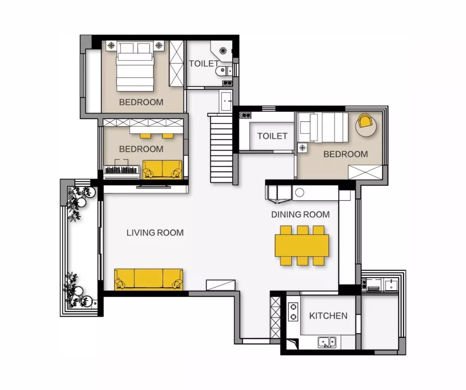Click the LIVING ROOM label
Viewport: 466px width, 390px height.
(x=155, y=233)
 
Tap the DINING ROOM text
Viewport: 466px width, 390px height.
(x=300, y=214)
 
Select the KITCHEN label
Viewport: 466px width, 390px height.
(x=328, y=316)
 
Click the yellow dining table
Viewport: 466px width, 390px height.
(x=302, y=245)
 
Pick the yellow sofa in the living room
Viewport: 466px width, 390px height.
(x=148, y=279)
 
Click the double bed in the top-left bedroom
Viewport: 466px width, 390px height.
(x=135, y=66)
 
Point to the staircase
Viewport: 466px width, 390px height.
(x=221, y=149)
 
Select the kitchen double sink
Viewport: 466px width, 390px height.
(x=327, y=342)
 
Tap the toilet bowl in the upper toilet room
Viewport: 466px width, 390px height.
(x=224, y=71)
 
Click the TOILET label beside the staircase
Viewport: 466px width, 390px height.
(x=272, y=136)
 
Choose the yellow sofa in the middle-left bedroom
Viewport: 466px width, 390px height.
(x=162, y=170)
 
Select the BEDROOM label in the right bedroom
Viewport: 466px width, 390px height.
(x=345, y=154)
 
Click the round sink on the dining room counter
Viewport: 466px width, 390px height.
(x=299, y=192)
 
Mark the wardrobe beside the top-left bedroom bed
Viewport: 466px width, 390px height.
(x=176, y=63)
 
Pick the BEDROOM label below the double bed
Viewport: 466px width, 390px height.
(x=141, y=102)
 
